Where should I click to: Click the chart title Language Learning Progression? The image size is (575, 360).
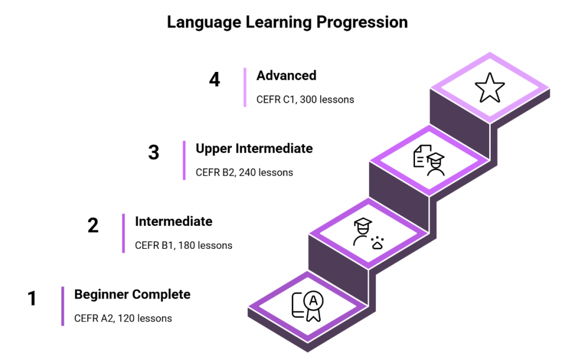point(287,22)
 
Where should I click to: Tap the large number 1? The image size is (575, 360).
point(32,298)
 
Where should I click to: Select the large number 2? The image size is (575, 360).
point(93,225)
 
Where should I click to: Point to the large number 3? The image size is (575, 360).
point(153,152)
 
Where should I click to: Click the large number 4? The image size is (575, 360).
point(215,79)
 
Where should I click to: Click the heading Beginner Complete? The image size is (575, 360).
point(132,294)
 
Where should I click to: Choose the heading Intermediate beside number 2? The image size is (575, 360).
point(174,221)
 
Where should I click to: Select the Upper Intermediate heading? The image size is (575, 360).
point(254,148)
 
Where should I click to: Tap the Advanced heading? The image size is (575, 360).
point(286,75)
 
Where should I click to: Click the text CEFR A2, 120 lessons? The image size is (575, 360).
point(123,318)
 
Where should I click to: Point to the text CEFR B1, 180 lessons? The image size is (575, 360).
point(184,245)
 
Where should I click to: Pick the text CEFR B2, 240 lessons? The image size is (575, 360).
point(244,172)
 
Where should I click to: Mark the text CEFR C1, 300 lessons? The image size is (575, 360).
point(305,99)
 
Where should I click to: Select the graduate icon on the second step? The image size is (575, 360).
point(367,233)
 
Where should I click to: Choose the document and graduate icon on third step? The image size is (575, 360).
point(428,160)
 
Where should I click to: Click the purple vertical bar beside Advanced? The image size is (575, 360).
point(245,87)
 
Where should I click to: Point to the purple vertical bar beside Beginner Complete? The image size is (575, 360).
point(63,306)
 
